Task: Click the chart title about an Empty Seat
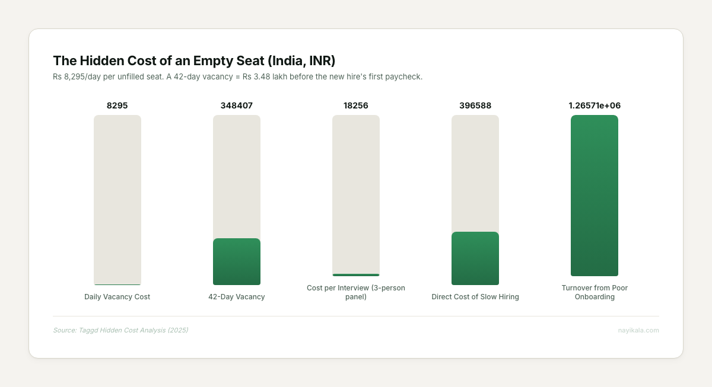pos(194,60)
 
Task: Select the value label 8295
pos(117,105)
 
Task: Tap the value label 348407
pos(236,105)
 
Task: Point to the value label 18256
pos(355,105)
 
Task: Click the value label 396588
pos(475,105)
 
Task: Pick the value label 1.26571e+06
pos(594,105)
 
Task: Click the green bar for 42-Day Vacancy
pos(236,261)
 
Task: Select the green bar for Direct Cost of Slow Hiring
pos(475,258)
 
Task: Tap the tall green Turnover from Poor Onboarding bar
pos(594,196)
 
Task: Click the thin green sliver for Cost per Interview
pos(355,275)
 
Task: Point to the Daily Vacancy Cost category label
pos(117,297)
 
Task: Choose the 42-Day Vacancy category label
pos(236,297)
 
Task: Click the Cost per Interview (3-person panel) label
pos(355,292)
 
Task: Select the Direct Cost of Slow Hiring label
pos(475,297)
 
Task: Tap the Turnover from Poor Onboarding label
pos(594,292)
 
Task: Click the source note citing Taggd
pos(120,330)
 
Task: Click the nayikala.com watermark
pos(638,330)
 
